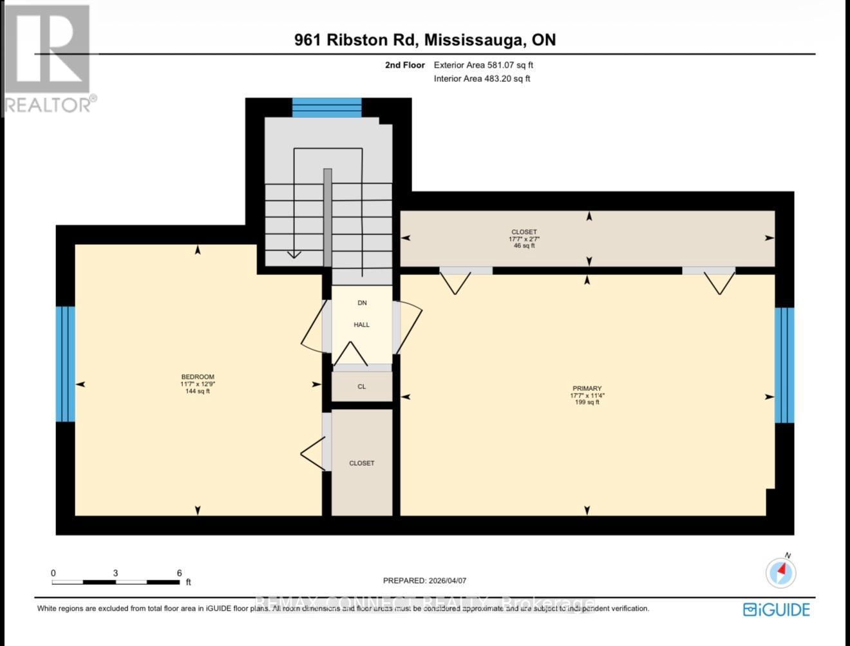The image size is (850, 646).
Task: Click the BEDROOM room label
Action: click(x=197, y=377)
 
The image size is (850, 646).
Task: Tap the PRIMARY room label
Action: click(x=586, y=388)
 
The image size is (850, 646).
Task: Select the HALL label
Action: click(x=361, y=325)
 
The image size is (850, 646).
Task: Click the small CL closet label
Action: click(x=361, y=386)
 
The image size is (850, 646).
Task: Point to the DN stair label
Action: click(x=361, y=303)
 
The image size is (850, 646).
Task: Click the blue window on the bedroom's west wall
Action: click(x=65, y=364)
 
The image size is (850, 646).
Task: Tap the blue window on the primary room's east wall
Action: click(x=784, y=365)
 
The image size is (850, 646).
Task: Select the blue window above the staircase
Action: click(x=326, y=107)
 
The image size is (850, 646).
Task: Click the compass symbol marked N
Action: click(x=780, y=571)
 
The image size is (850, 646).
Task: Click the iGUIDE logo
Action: click(x=776, y=609)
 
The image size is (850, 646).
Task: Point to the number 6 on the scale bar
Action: click(x=179, y=573)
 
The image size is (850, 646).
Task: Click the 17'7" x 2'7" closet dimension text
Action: click(x=524, y=239)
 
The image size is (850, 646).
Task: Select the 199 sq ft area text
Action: click(x=586, y=403)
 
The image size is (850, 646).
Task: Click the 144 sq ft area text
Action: click(x=197, y=391)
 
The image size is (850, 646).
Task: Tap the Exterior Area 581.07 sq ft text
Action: click(x=483, y=65)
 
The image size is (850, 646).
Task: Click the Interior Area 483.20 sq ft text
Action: click(x=482, y=79)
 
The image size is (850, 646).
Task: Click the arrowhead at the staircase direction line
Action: click(x=294, y=254)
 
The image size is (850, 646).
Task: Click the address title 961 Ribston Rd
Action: click(x=357, y=40)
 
